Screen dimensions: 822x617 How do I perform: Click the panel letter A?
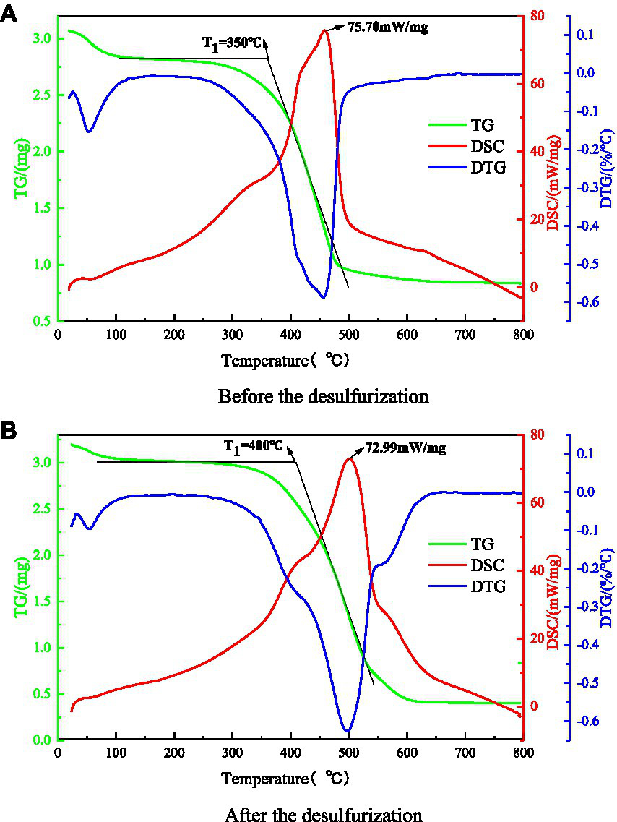tap(9, 14)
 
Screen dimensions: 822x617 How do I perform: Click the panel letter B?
tap(9, 431)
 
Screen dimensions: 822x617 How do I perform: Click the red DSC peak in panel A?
tap(325, 30)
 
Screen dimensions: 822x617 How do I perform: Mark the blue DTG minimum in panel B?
tap(348, 730)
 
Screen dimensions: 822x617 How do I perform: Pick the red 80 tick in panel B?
tap(533, 435)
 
